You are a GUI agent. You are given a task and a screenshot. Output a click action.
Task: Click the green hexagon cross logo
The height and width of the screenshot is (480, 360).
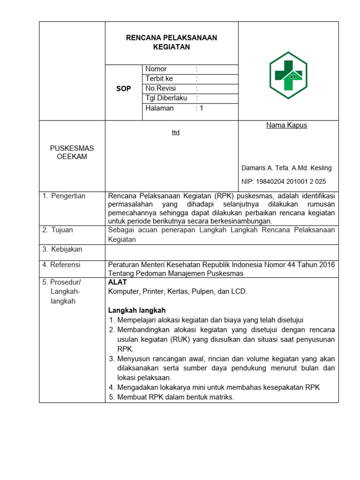[x=288, y=75]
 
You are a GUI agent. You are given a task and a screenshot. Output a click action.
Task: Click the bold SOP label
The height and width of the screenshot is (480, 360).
[x=124, y=89]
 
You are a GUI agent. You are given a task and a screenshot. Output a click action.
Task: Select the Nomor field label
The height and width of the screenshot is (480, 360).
[x=156, y=69]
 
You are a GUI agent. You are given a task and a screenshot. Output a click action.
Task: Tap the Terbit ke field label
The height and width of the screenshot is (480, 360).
[x=159, y=79]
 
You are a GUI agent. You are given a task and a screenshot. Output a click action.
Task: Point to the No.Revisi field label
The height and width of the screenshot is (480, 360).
[x=160, y=88]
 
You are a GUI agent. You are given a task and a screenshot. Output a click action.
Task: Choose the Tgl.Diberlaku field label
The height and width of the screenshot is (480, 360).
[x=166, y=98]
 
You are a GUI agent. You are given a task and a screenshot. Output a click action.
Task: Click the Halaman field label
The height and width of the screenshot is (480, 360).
[x=159, y=108]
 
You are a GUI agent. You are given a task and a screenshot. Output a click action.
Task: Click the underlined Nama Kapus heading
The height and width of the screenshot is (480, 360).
[x=287, y=125]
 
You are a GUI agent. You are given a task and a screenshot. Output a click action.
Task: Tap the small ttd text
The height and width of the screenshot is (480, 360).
[x=176, y=133]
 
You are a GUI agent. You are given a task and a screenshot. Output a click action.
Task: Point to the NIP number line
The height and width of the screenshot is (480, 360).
[x=284, y=181]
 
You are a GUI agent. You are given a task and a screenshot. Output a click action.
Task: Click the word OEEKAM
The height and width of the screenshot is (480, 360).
[x=72, y=157]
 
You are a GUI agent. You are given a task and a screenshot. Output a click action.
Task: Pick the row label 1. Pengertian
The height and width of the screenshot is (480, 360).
[x=64, y=196]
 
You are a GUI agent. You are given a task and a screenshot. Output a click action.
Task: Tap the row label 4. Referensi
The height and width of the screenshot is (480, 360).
[x=61, y=264]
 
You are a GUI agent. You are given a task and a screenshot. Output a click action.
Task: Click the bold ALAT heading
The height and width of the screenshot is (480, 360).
[x=118, y=282]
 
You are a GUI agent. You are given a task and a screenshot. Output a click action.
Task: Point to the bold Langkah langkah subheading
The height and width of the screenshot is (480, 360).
[x=137, y=310]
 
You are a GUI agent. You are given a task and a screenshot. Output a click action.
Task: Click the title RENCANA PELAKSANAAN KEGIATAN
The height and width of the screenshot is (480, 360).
[x=172, y=42]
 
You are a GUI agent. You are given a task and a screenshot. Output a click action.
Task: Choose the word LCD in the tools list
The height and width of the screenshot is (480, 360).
[x=239, y=291]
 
